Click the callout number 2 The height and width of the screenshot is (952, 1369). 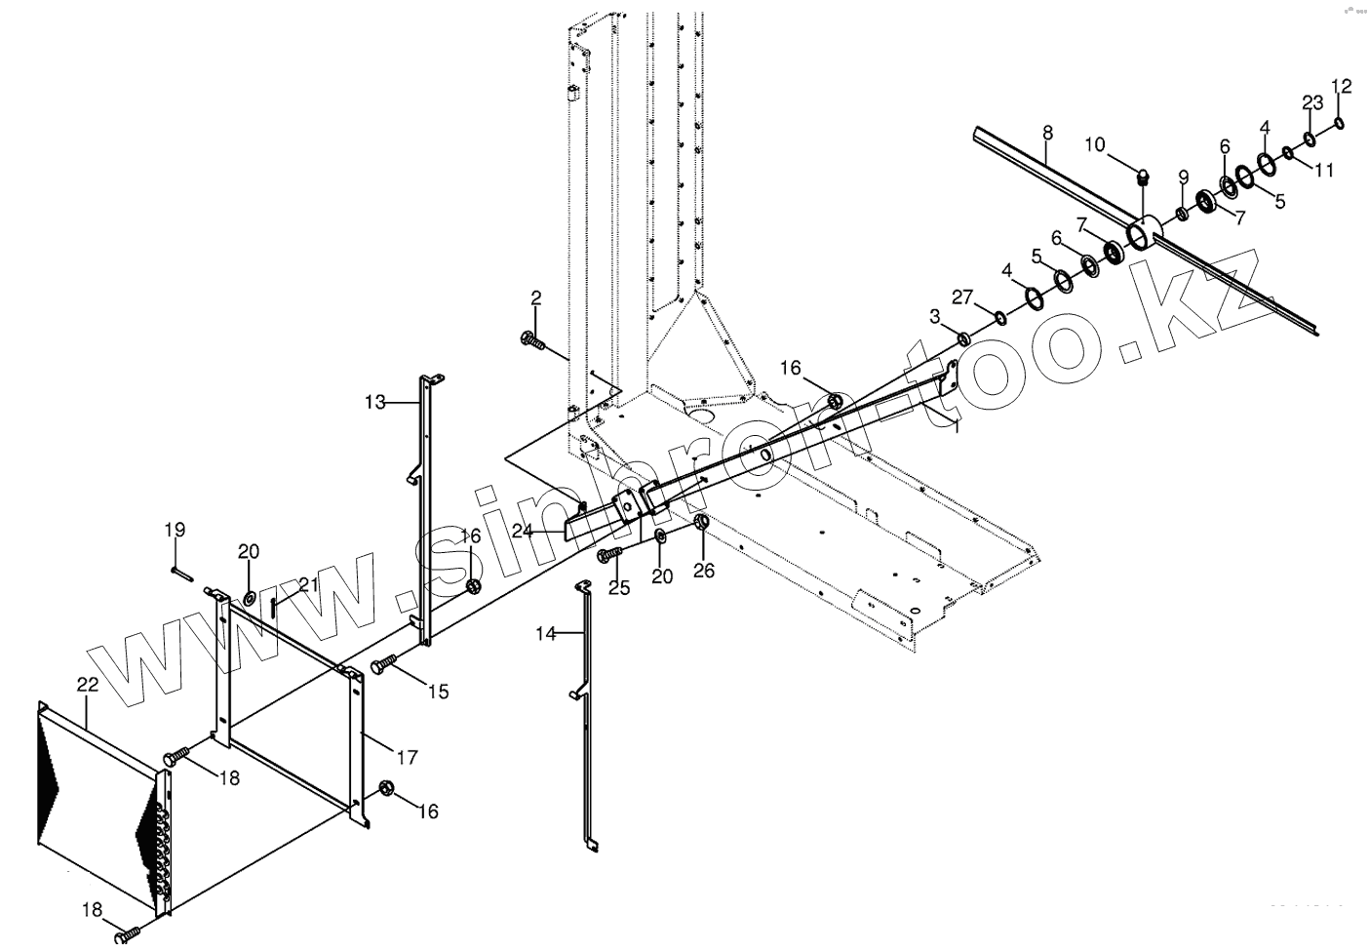tap(535, 297)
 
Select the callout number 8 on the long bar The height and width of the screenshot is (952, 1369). tap(1047, 131)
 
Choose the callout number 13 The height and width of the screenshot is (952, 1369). tap(375, 401)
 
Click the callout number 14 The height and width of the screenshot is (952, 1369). tap(545, 634)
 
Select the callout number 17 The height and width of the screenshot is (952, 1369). tap(408, 757)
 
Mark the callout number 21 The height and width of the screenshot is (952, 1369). tap(309, 585)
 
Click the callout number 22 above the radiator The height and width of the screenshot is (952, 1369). tap(87, 686)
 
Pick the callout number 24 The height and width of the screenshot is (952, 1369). tap(522, 532)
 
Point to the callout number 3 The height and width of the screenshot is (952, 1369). tap(935, 316)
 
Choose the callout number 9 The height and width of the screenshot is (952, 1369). tap(1183, 177)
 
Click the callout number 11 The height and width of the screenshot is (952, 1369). tap(1323, 170)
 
